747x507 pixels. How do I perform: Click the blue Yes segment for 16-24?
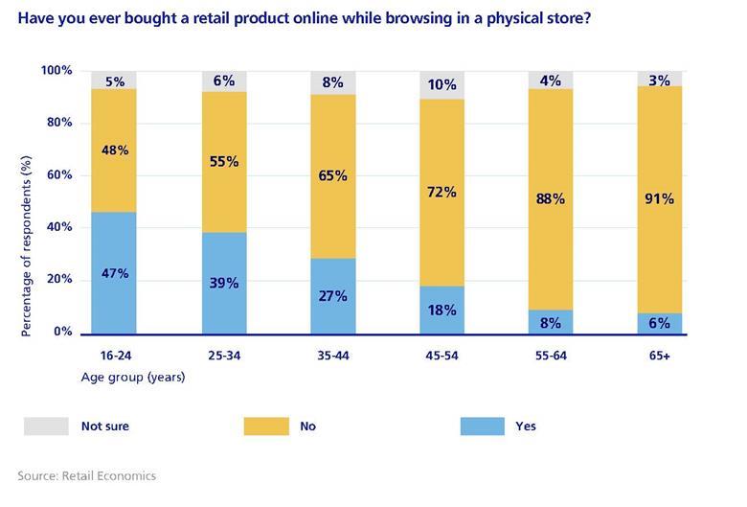pyautogui.click(x=114, y=273)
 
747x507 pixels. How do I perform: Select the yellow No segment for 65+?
pyautogui.click(x=659, y=199)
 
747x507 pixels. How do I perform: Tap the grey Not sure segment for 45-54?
pyautogui.click(x=441, y=84)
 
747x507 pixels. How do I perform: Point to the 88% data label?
pyautogui.click(x=551, y=200)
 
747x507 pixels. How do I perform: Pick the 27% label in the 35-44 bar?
pyautogui.click(x=332, y=296)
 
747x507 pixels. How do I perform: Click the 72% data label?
pyautogui.click(x=441, y=192)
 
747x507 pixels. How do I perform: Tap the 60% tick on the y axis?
pyautogui.click(x=59, y=175)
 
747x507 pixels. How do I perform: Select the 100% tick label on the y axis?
pyautogui.click(x=57, y=71)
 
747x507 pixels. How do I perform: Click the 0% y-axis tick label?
pyautogui.click(x=62, y=332)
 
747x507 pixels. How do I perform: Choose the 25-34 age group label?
pyautogui.click(x=223, y=354)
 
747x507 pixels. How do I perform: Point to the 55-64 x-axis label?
pyautogui.click(x=551, y=354)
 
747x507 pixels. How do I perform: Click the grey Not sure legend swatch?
pyautogui.click(x=46, y=426)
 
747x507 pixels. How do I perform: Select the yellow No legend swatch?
pyautogui.click(x=265, y=426)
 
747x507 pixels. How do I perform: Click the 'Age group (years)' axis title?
pyautogui.click(x=132, y=377)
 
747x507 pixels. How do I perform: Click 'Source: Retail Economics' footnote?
pyautogui.click(x=86, y=475)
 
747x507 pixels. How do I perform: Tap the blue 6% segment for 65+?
pyautogui.click(x=659, y=324)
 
